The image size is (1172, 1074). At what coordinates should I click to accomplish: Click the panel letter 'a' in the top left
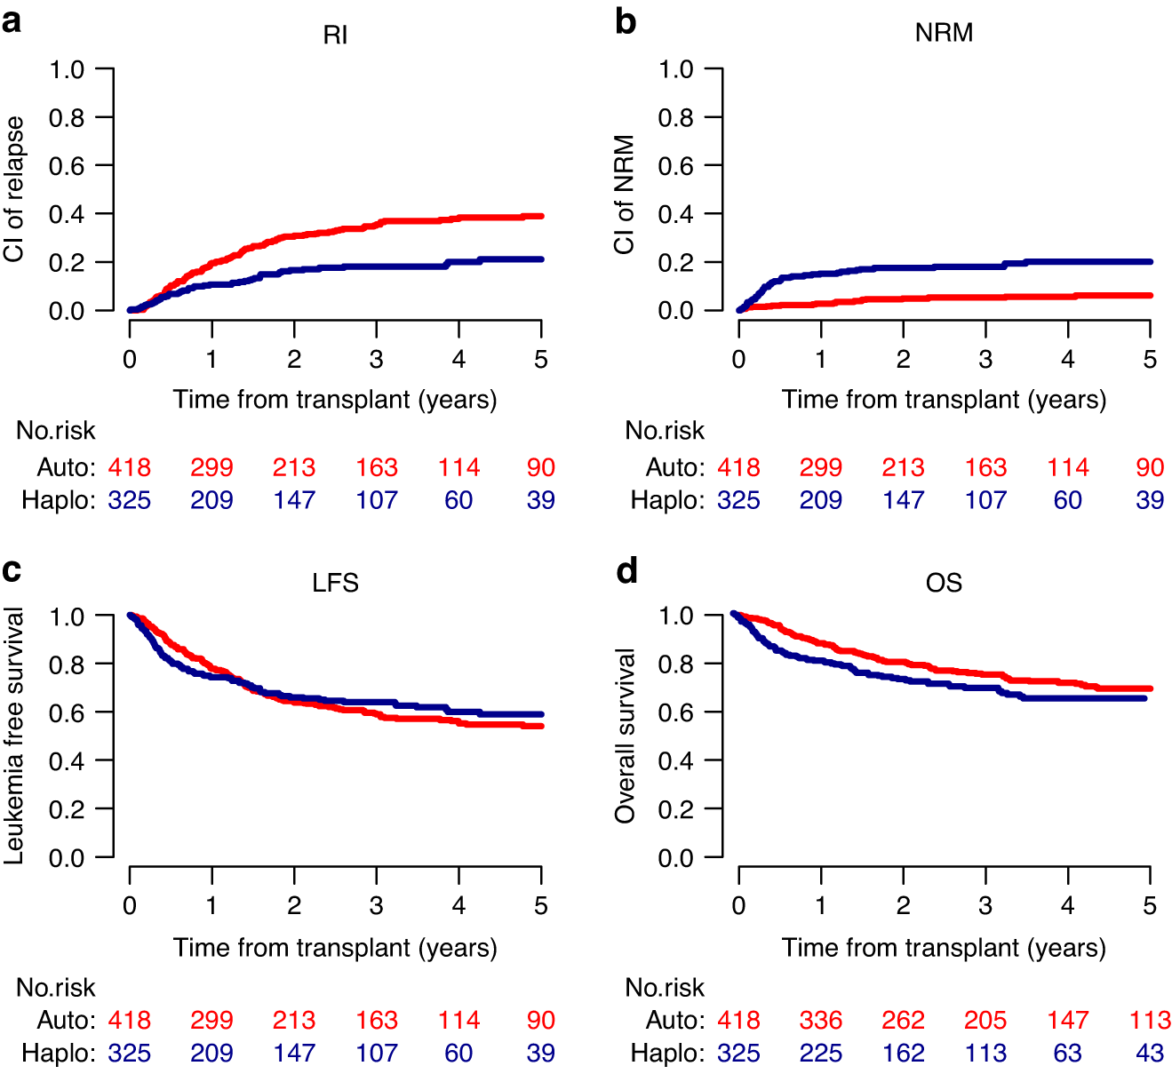pos(12,20)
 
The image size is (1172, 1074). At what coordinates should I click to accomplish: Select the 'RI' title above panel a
pos(335,35)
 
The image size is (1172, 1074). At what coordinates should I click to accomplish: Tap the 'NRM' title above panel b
pos(944,33)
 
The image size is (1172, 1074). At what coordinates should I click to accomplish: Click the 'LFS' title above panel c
pos(335,583)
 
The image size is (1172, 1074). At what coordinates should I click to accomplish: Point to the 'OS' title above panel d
pos(944,583)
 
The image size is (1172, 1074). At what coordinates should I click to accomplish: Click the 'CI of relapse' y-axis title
pos(14,189)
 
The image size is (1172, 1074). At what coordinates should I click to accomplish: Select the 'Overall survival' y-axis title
pos(625,736)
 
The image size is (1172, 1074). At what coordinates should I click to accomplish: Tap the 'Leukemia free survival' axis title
pos(14,736)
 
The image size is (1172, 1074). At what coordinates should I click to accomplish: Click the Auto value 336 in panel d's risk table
pos(820,1020)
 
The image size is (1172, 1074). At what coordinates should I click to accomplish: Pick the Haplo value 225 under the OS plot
pos(820,1053)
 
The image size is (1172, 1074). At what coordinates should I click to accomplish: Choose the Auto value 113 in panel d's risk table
pos(1150,1020)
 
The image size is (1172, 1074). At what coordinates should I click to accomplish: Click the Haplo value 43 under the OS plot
pos(1150,1053)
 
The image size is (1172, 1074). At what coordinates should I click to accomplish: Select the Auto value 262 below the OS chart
pos(903,1020)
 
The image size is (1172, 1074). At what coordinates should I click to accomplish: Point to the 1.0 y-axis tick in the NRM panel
pos(675,69)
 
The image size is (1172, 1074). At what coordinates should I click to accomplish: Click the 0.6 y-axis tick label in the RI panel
pos(67,166)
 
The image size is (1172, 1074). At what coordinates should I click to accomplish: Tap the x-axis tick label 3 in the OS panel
pos(985,905)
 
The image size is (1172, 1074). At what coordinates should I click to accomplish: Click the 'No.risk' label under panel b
pos(665,431)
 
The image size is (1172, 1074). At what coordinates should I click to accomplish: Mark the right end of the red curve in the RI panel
pos(540,216)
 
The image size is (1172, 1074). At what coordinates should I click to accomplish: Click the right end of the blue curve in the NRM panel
pos(1150,262)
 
